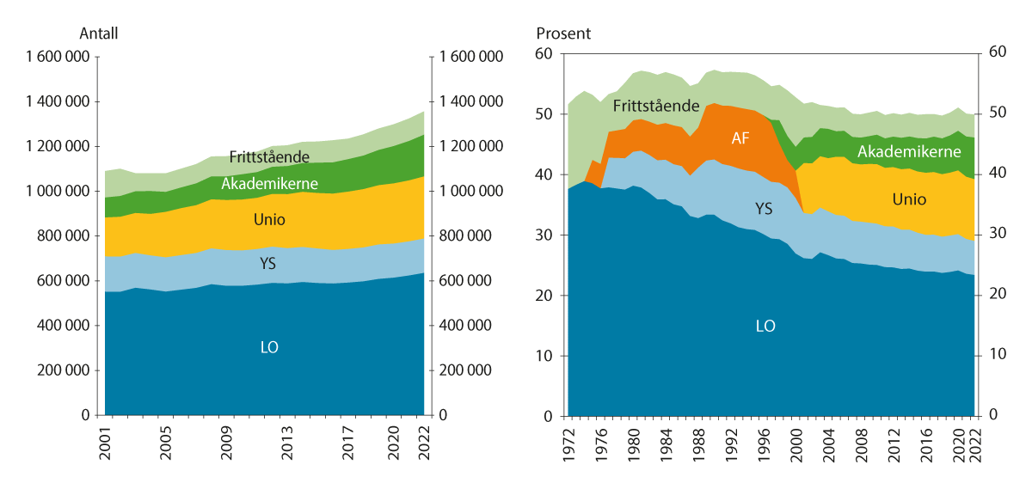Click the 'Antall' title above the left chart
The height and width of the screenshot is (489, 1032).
[98, 34]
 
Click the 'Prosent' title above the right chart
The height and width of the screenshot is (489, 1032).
[563, 34]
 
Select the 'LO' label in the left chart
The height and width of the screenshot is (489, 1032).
[268, 347]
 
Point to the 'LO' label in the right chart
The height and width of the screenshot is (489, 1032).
[765, 326]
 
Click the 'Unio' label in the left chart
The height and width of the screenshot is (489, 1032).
[269, 220]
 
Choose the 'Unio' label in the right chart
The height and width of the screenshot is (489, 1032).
[909, 199]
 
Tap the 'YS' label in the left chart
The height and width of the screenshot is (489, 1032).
[269, 263]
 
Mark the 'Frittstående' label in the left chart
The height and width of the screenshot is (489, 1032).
[268, 157]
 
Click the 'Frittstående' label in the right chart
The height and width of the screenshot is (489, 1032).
[655, 107]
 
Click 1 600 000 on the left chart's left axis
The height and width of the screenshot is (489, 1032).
[58, 58]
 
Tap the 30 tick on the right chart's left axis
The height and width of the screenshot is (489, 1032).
[543, 235]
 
